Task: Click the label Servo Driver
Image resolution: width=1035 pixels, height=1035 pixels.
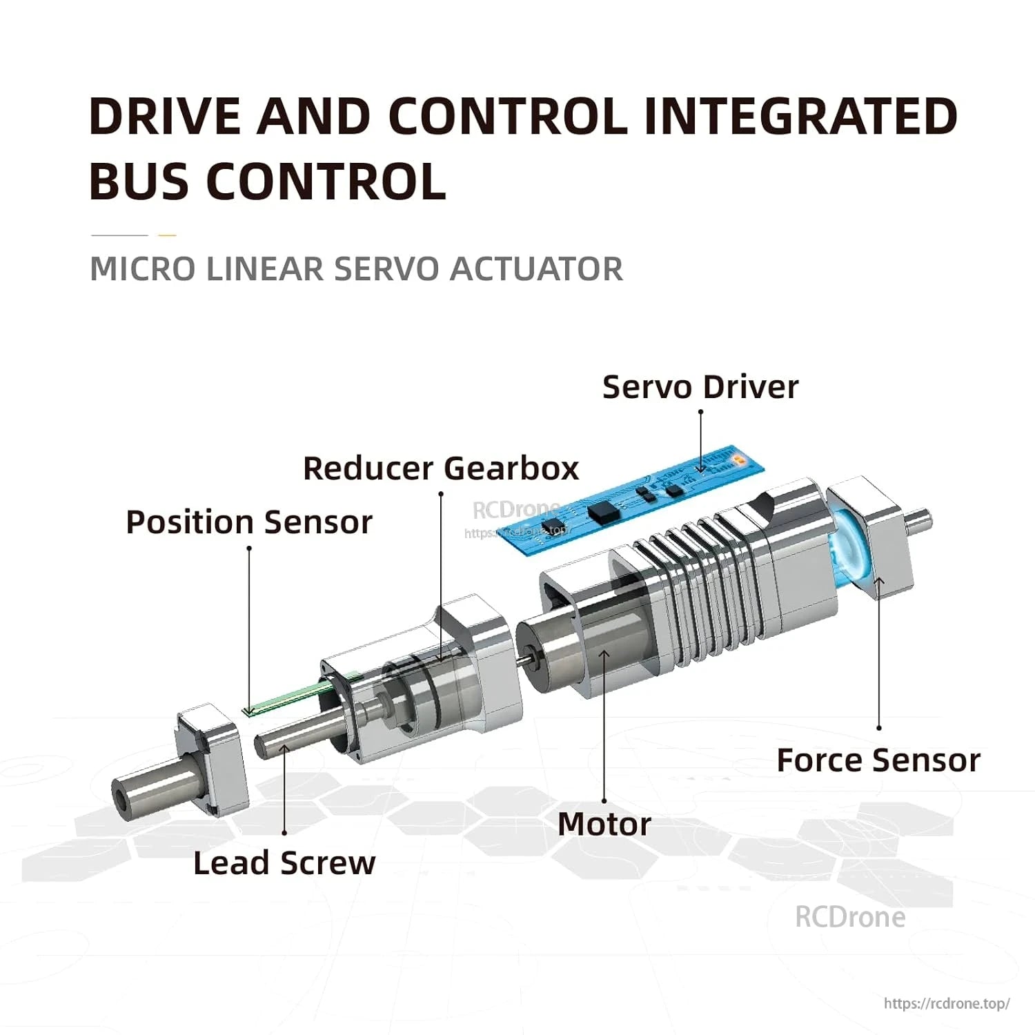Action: point(700,387)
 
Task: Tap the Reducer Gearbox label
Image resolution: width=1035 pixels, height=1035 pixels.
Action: point(440,469)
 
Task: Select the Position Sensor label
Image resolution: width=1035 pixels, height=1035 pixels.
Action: point(248,522)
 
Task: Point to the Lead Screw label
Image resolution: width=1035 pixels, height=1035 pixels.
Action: point(284,863)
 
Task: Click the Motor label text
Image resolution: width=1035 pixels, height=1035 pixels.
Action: point(604,824)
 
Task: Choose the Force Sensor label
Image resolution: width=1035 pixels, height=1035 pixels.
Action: point(878,760)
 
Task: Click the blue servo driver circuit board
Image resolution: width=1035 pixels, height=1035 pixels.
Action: point(635,500)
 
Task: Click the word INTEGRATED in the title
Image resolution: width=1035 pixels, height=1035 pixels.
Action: point(800,116)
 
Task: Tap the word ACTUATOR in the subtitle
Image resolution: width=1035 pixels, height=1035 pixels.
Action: point(536,269)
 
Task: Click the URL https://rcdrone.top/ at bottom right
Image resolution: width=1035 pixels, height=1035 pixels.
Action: point(947,1003)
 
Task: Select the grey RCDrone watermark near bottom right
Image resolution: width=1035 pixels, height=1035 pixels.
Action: point(850,917)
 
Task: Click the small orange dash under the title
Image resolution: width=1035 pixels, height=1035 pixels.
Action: point(167,235)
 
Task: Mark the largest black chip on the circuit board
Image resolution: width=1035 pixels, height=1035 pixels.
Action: point(601,511)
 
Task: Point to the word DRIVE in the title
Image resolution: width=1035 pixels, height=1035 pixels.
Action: point(166,116)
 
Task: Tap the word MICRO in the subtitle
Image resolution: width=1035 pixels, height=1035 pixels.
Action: point(142,269)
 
